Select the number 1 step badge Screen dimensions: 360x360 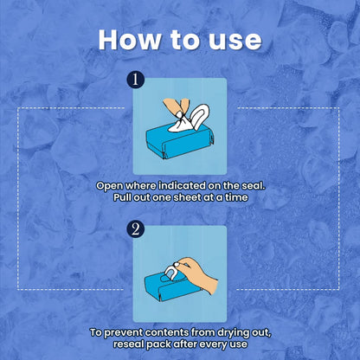135,80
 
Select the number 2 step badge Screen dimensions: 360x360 135,229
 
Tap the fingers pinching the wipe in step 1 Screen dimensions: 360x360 176,106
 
